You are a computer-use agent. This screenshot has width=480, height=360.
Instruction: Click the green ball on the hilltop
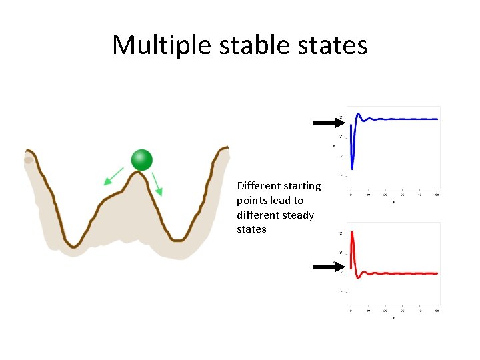(x=142, y=160)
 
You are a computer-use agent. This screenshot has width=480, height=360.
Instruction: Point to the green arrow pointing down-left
(x=113, y=176)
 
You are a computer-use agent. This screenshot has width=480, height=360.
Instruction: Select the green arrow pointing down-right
(x=157, y=183)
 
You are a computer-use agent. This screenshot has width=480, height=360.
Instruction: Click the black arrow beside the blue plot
(x=327, y=123)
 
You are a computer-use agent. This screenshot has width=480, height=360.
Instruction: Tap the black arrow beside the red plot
(x=327, y=267)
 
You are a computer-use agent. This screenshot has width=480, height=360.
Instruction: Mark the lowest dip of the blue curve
(x=352, y=168)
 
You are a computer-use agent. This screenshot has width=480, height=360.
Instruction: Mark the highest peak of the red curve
(x=351, y=232)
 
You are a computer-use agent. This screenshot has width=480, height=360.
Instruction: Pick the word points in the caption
(x=251, y=200)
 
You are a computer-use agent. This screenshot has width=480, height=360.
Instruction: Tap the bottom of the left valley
(x=75, y=245)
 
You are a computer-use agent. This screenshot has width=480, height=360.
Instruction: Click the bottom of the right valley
(x=177, y=239)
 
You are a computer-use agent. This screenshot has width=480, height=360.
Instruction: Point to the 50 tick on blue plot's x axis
(x=437, y=195)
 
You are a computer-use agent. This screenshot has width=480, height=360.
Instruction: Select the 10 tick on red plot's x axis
(x=368, y=311)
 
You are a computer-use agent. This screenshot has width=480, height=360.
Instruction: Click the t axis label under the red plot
(x=393, y=318)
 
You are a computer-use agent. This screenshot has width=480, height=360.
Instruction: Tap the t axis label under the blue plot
(x=393, y=201)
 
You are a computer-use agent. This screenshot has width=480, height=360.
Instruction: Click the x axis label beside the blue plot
(x=334, y=146)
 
